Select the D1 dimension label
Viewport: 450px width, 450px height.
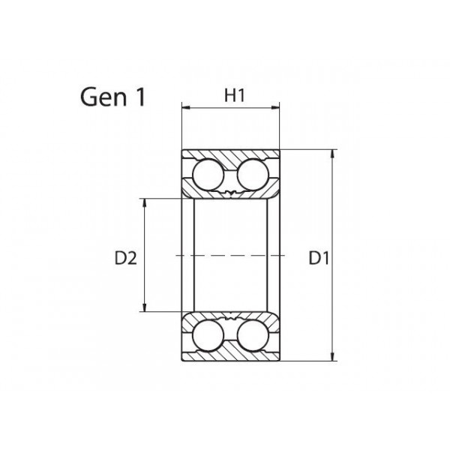(x=319, y=259)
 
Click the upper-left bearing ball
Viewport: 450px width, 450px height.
(x=208, y=175)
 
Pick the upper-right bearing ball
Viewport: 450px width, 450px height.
(x=252, y=175)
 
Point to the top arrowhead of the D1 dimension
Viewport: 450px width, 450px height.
(x=333, y=153)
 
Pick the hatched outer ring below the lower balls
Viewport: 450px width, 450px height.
(x=230, y=352)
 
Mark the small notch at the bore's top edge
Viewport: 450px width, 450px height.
(x=230, y=196)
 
